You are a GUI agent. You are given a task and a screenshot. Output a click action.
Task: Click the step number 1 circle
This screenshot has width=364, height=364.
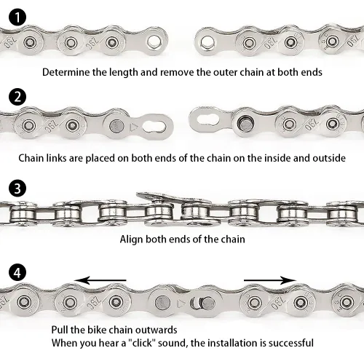pyautogui.click(x=17, y=17)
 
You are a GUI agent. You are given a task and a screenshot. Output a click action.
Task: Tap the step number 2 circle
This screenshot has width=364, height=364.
pyautogui.click(x=17, y=97)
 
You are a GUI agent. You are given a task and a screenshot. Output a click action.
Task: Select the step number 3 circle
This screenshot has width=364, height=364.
pyautogui.click(x=17, y=189)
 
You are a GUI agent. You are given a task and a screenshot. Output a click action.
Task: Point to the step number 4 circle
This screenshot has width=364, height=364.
pyautogui.click(x=17, y=272)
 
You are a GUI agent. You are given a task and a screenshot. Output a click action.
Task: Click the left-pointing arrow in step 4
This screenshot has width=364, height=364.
pyautogui.click(x=100, y=280)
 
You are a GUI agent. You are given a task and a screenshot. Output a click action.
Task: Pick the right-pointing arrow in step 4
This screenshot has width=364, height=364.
pyautogui.click(x=270, y=280)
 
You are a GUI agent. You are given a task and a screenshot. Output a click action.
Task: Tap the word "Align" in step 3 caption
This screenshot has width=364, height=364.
pyautogui.click(x=131, y=240)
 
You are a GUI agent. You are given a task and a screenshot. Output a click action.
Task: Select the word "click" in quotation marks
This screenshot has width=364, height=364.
pyautogui.click(x=143, y=343)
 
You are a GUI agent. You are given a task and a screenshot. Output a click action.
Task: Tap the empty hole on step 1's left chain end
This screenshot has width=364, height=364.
pyautogui.click(x=154, y=41)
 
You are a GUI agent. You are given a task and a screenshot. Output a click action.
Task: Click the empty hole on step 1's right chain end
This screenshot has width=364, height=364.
pyautogui.click(x=207, y=42)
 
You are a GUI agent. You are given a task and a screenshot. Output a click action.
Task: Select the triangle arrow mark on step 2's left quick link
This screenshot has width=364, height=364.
pyautogui.click(x=133, y=127)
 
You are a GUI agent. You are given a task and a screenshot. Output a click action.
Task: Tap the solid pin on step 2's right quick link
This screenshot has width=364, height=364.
pyautogui.click(x=245, y=124)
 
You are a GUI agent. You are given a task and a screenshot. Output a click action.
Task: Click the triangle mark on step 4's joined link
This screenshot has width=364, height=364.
pyautogui.click(x=181, y=304)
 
